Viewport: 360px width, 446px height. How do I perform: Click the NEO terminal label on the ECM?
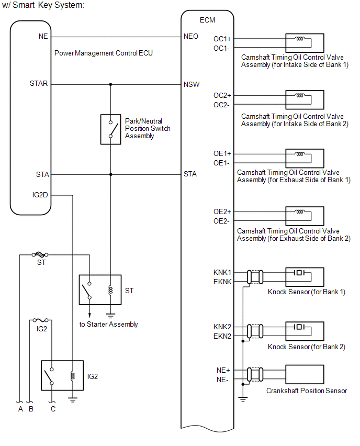190,37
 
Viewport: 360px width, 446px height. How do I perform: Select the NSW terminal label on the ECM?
191,84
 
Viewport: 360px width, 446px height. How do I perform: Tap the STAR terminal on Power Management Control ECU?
39,84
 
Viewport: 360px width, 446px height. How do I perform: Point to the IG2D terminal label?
41,195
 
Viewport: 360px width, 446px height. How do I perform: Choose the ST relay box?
100,289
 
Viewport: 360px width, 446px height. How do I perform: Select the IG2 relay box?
62,375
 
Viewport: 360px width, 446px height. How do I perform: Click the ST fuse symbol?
40,255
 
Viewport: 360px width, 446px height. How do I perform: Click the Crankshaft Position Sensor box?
305,374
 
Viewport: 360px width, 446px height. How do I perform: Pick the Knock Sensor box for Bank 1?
305,276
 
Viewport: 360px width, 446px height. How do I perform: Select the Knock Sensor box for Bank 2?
305,331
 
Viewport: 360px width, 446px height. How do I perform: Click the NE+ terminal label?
223,370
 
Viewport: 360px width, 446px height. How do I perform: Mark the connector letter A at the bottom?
20,409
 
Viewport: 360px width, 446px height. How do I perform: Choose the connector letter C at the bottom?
53,409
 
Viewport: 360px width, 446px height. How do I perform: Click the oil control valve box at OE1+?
305,158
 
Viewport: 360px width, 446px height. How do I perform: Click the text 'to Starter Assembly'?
109,324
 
